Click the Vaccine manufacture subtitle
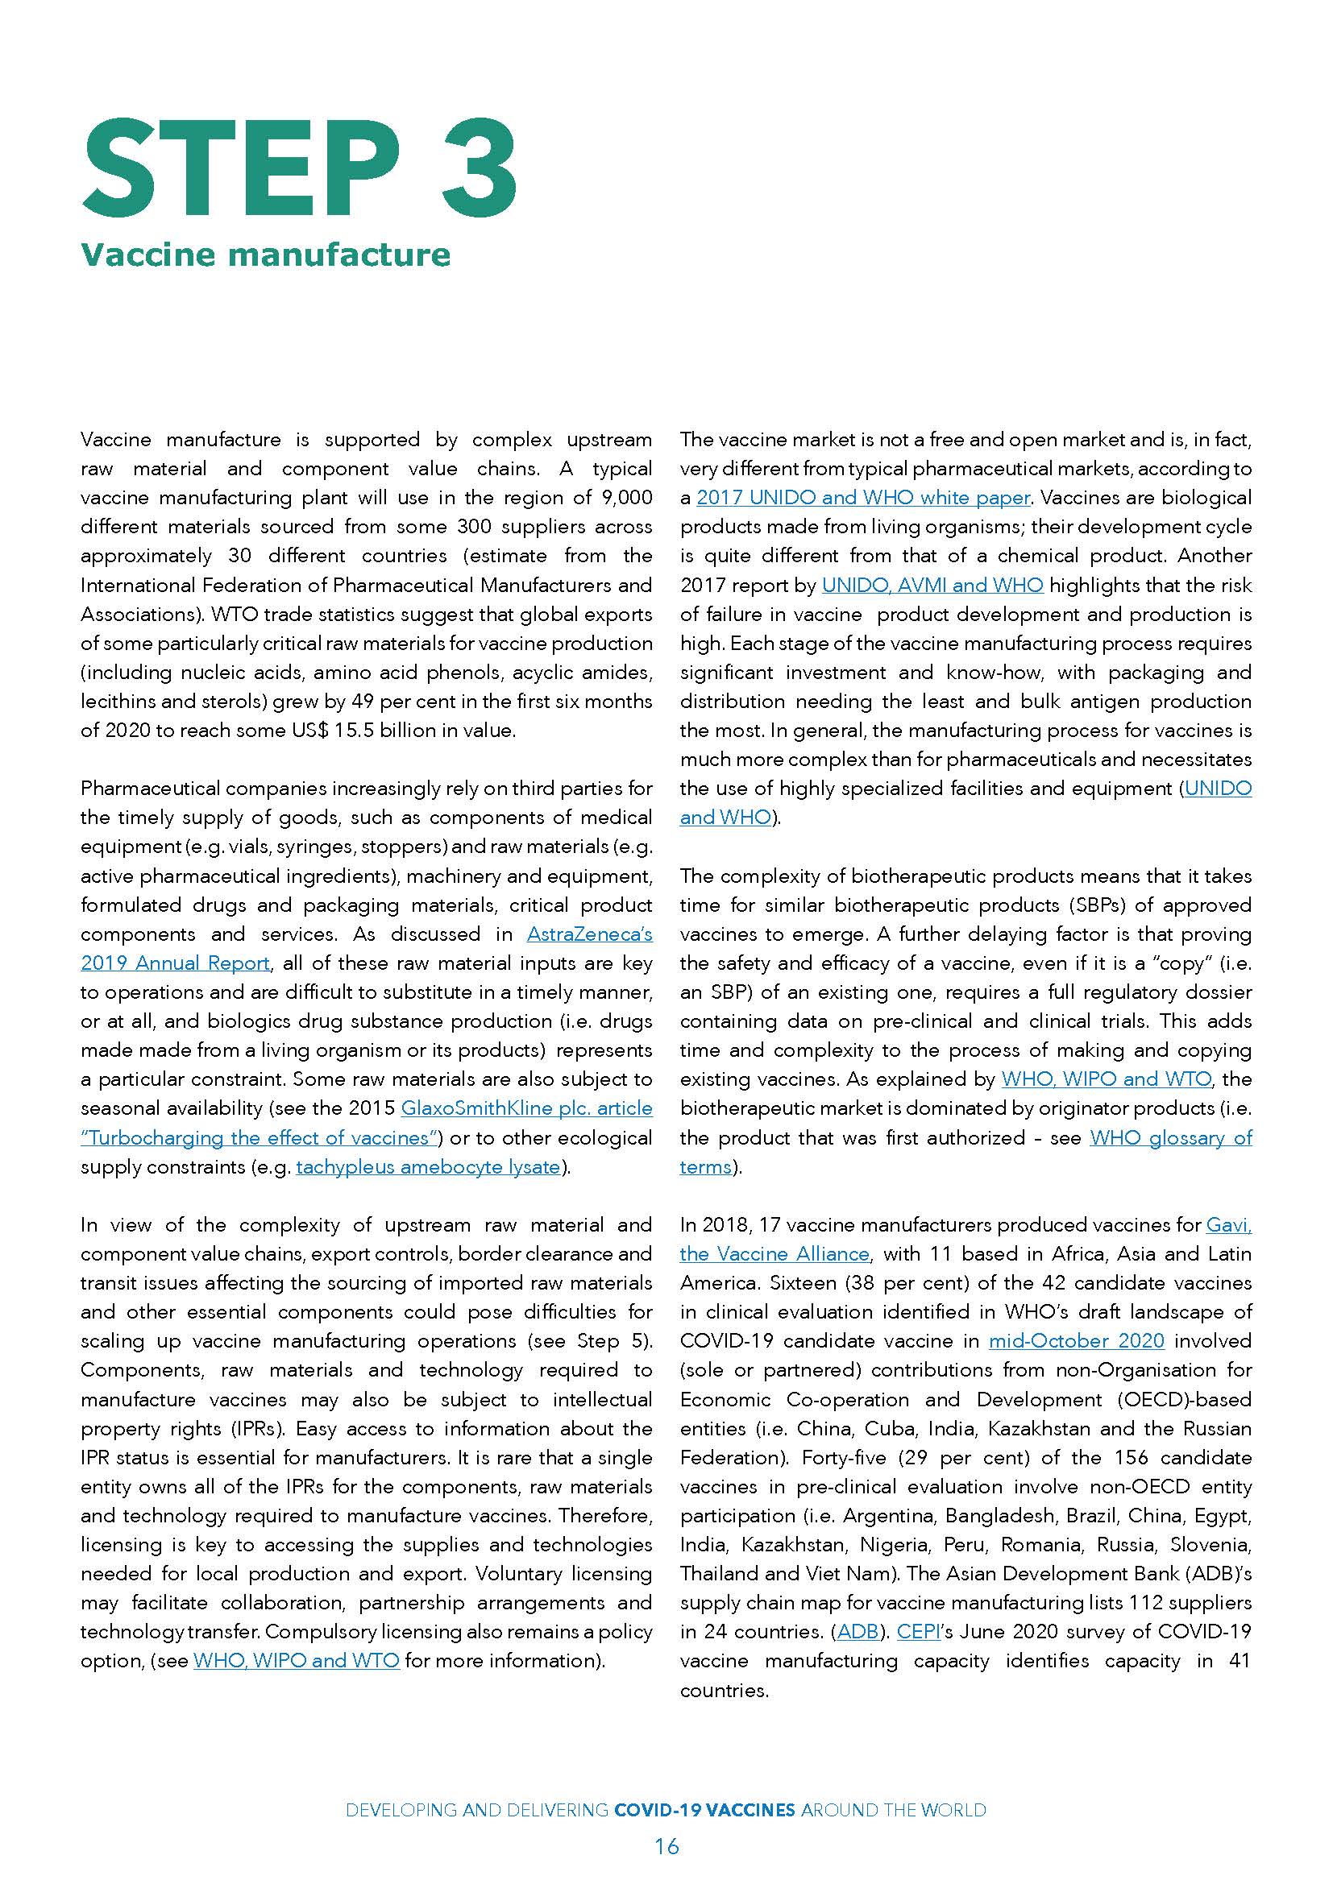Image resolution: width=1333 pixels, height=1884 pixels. pos(265,255)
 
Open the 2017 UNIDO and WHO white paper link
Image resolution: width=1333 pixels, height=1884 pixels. pos(862,498)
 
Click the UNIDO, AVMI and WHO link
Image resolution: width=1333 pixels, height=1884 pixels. pos(932,585)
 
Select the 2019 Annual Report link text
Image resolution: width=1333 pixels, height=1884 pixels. pos(175,963)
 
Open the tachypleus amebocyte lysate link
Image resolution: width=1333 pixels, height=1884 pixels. pos(428,1167)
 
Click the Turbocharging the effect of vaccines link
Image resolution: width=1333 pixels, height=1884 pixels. pos(256,1138)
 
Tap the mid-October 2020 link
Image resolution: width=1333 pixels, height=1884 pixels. pos(1076,1341)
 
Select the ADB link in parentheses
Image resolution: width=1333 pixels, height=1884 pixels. pos(857,1631)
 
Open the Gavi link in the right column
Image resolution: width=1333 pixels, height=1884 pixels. pos(1228,1225)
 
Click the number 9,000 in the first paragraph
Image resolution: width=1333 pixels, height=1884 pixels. pos(625,498)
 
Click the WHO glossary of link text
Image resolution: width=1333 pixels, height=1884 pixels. pos(1170,1138)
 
